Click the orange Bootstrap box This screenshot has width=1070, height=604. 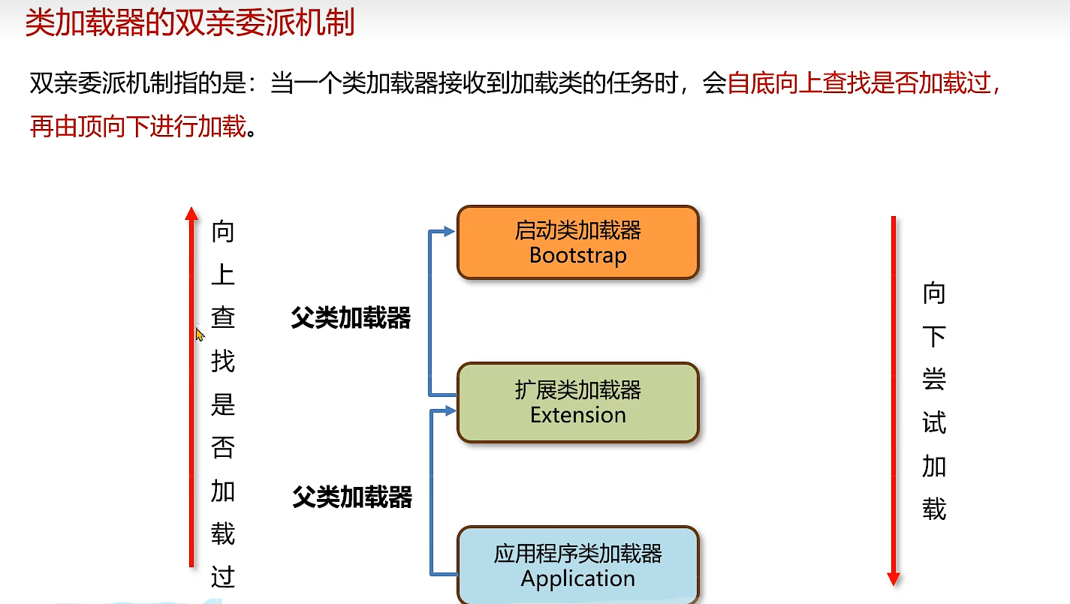coord(578,242)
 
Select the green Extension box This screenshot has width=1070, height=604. coord(578,402)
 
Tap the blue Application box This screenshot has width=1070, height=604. coord(578,566)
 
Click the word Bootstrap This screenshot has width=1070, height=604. coord(578,255)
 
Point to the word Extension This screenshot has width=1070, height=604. coord(578,415)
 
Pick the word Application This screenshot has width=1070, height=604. coord(578,579)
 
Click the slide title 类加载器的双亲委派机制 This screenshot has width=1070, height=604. coord(190,23)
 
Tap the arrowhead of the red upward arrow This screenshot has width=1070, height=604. coord(191,214)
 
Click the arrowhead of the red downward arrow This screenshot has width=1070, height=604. coord(894,578)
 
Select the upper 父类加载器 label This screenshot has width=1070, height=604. coord(351,318)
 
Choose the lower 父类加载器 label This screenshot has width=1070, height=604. coord(352,497)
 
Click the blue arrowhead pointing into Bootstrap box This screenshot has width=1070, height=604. coord(450,231)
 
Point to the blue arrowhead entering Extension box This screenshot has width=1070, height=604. coord(450,410)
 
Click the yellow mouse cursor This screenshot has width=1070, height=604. coord(200,335)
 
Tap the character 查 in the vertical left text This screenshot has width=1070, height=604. coord(223,318)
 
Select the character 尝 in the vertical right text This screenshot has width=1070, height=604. coord(934,380)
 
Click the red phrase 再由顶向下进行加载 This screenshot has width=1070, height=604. coord(138,127)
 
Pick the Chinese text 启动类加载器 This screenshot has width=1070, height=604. coord(578,230)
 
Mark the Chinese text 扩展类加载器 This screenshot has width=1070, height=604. coord(578,390)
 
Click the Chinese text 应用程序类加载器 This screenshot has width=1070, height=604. coord(578,554)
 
